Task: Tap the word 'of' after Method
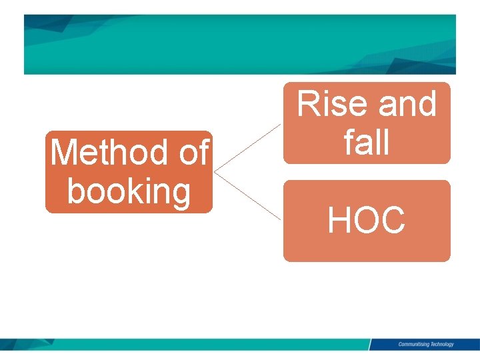pyautogui.click(x=193, y=153)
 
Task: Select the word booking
pyautogui.click(x=129, y=191)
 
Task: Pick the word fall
pyautogui.click(x=367, y=141)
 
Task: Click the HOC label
pyautogui.click(x=367, y=220)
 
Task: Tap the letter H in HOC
pyautogui.click(x=339, y=220)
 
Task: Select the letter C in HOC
pyautogui.click(x=393, y=220)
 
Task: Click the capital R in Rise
pyautogui.click(x=309, y=105)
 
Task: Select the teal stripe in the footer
pyautogui.click(x=200, y=344)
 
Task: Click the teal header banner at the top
pyautogui.click(x=240, y=44)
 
